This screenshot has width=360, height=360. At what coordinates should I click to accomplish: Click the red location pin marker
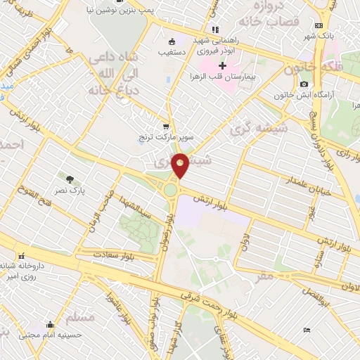[181, 165]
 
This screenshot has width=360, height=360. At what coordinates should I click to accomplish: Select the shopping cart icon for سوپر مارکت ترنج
[165, 127]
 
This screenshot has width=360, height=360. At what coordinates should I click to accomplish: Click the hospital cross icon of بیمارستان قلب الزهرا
[222, 65]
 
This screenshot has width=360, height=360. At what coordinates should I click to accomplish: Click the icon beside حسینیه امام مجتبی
[50, 325]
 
